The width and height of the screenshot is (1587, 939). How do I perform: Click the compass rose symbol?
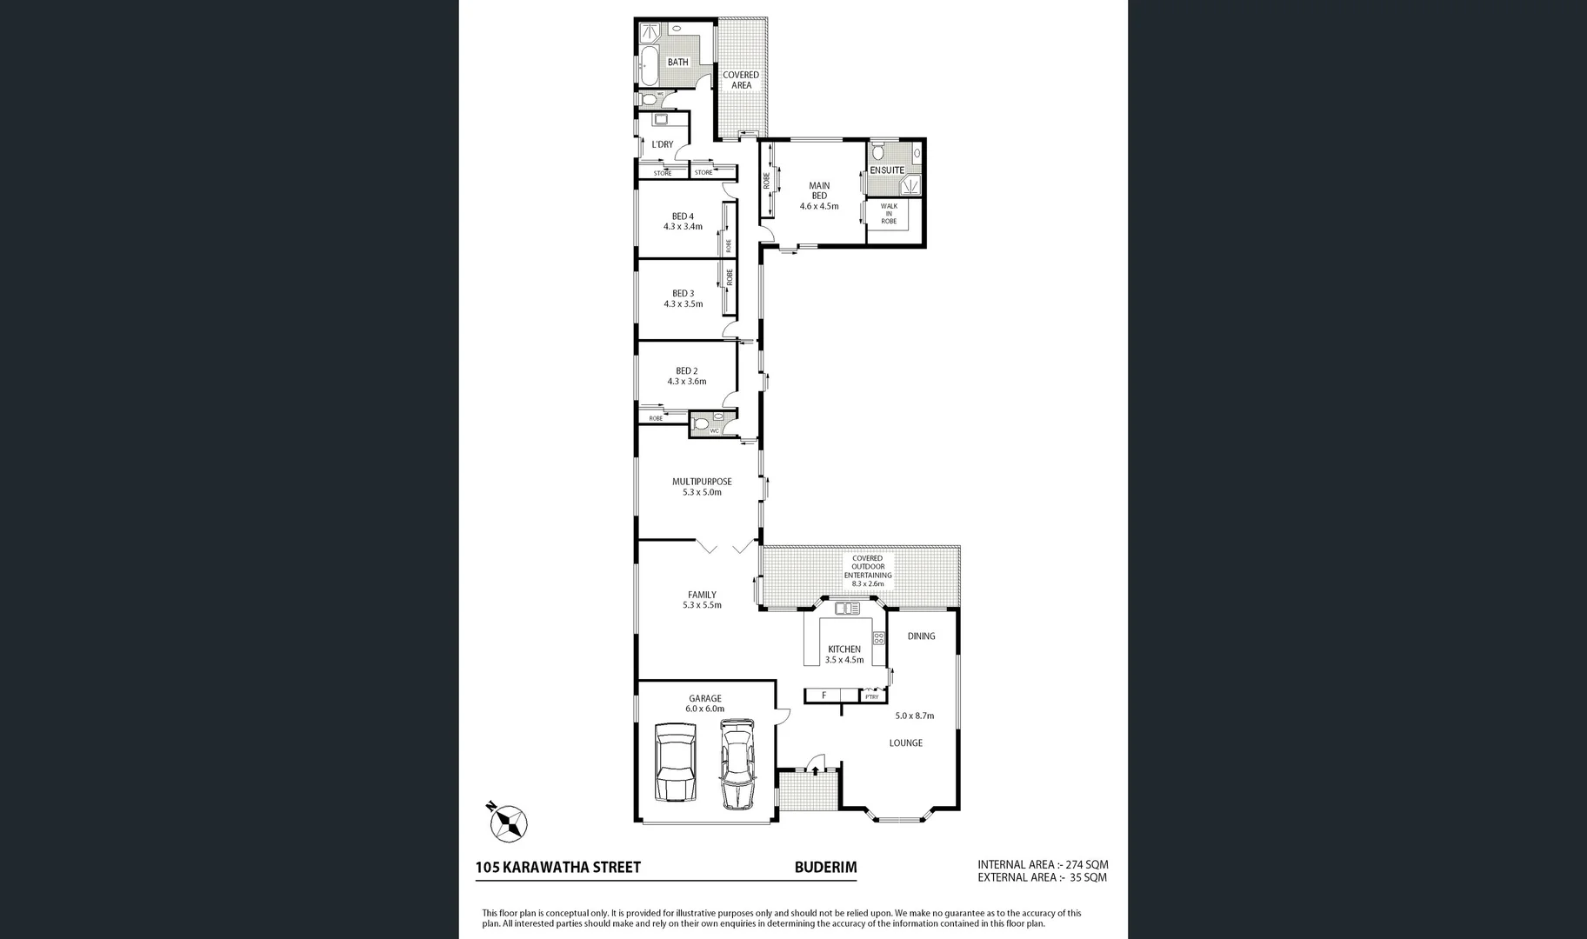(x=508, y=821)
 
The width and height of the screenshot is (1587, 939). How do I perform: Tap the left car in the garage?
(x=675, y=764)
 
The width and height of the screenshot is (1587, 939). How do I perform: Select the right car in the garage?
(x=737, y=763)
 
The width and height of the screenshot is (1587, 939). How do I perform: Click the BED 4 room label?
(x=683, y=216)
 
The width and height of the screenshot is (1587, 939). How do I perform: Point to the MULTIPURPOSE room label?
(x=702, y=482)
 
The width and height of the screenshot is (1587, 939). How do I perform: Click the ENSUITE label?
(x=887, y=170)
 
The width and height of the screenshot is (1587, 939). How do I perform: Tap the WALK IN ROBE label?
(x=888, y=214)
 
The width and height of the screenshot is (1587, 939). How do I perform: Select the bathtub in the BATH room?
(x=649, y=63)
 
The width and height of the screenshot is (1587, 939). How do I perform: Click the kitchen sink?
(x=847, y=608)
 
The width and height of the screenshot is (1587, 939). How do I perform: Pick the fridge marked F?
(x=824, y=696)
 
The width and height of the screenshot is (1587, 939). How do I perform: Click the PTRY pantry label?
(x=871, y=696)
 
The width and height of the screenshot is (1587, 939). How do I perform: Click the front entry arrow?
(x=815, y=764)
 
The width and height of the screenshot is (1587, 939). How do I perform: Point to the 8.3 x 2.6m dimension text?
(x=867, y=583)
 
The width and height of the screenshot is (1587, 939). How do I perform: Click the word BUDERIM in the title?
(x=825, y=867)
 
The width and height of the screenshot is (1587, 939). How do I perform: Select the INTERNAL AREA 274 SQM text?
(x=1043, y=864)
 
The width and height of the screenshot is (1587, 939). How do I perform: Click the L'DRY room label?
(x=663, y=144)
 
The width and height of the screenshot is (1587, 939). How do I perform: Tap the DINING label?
(x=921, y=636)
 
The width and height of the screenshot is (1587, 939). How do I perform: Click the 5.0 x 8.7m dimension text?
(x=914, y=716)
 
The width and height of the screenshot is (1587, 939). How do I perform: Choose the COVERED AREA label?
(x=741, y=80)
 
